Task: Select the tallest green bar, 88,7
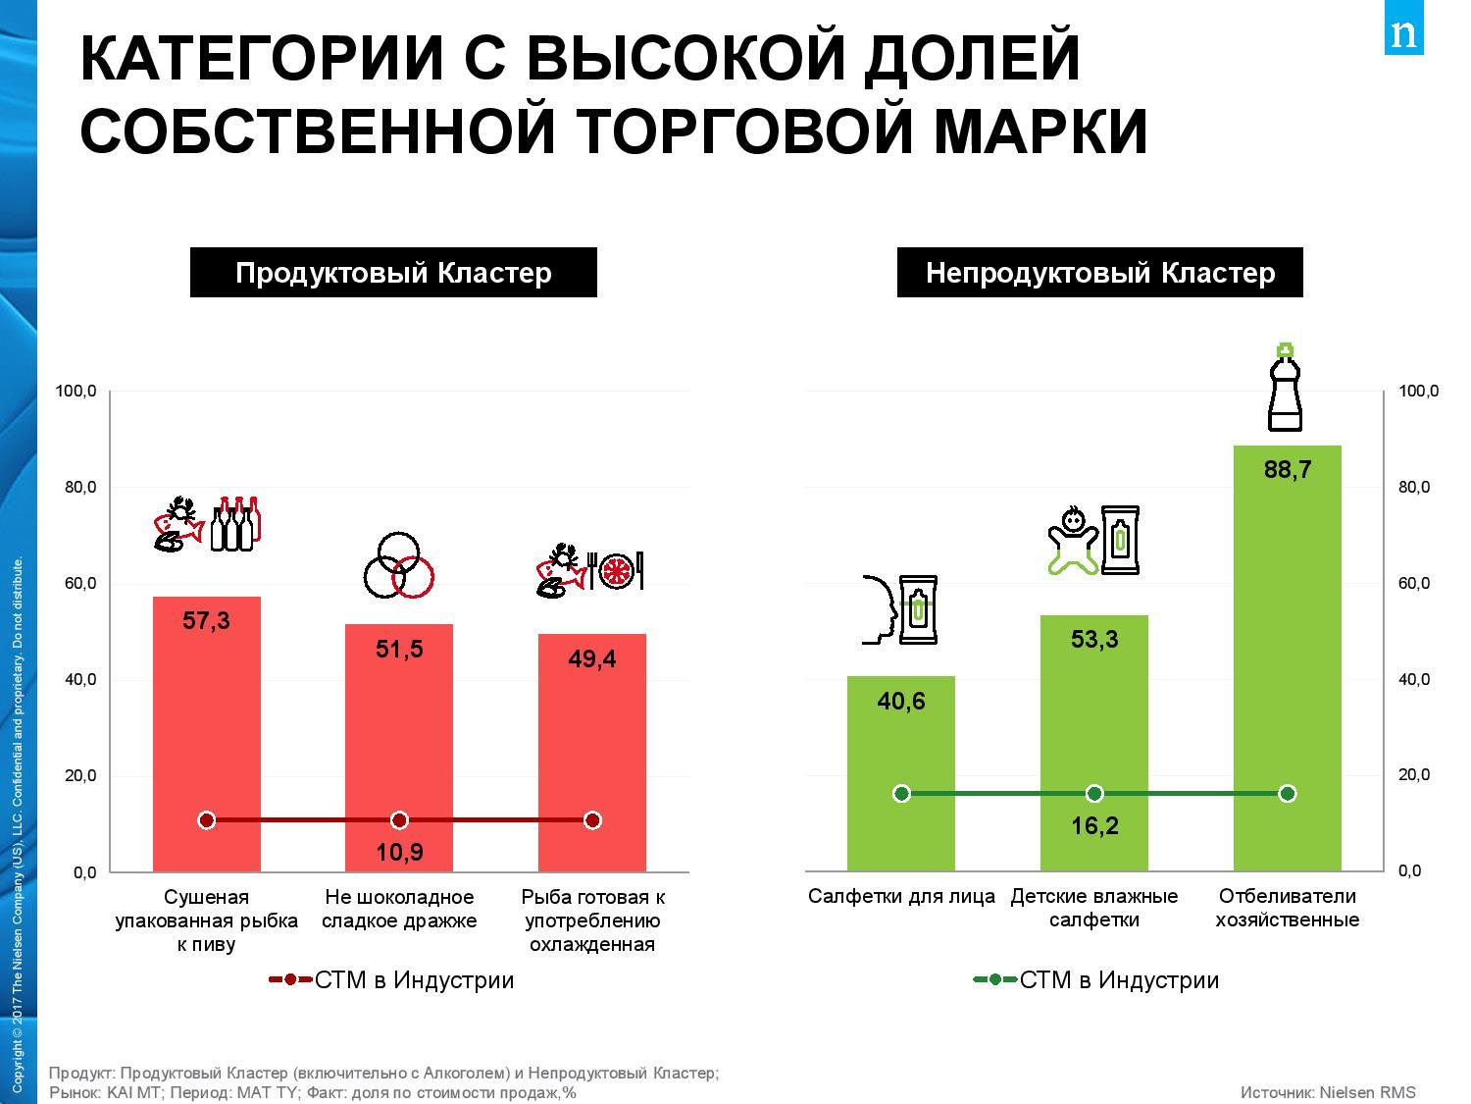(x=1287, y=638)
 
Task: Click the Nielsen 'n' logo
(x=1403, y=34)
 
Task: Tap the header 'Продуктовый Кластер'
(x=393, y=273)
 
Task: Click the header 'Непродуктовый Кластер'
(x=1099, y=273)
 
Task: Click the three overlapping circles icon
(x=398, y=566)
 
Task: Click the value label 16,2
(x=1094, y=826)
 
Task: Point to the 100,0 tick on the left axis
(x=76, y=392)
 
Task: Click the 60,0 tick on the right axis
(x=1413, y=584)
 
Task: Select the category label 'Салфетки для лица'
(x=901, y=896)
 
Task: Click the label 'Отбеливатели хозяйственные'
(x=1287, y=908)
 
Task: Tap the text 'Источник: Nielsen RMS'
(x=1328, y=1092)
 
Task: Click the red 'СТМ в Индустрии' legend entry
(x=391, y=980)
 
